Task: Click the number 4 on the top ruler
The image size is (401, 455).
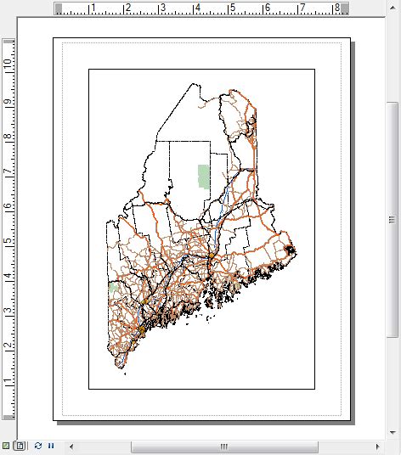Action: pyautogui.click(x=197, y=8)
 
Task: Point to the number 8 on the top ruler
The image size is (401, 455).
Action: pyautogui.click(x=336, y=8)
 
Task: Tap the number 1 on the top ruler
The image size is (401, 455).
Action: pyautogui.click(x=93, y=8)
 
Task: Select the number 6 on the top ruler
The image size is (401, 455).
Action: pyautogui.click(x=267, y=8)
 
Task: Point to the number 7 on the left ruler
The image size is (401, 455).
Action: pyautogui.click(x=8, y=171)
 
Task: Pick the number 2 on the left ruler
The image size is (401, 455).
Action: pyautogui.click(x=8, y=345)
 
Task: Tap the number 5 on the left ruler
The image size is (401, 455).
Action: pyautogui.click(x=8, y=241)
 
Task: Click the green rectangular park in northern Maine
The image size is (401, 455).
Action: pyautogui.click(x=203, y=177)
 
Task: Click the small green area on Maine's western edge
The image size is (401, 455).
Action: pyautogui.click(x=114, y=289)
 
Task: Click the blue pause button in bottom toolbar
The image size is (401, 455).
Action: pyautogui.click(x=50, y=446)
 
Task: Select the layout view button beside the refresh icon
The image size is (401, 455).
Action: pyautogui.click(x=20, y=446)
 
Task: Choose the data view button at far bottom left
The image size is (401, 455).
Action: pyautogui.click(x=7, y=446)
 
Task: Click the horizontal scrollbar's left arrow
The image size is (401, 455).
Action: pyautogui.click(x=71, y=446)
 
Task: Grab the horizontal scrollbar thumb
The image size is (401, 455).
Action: pyautogui.click(x=224, y=446)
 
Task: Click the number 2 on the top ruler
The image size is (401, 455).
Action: pyautogui.click(x=127, y=8)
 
